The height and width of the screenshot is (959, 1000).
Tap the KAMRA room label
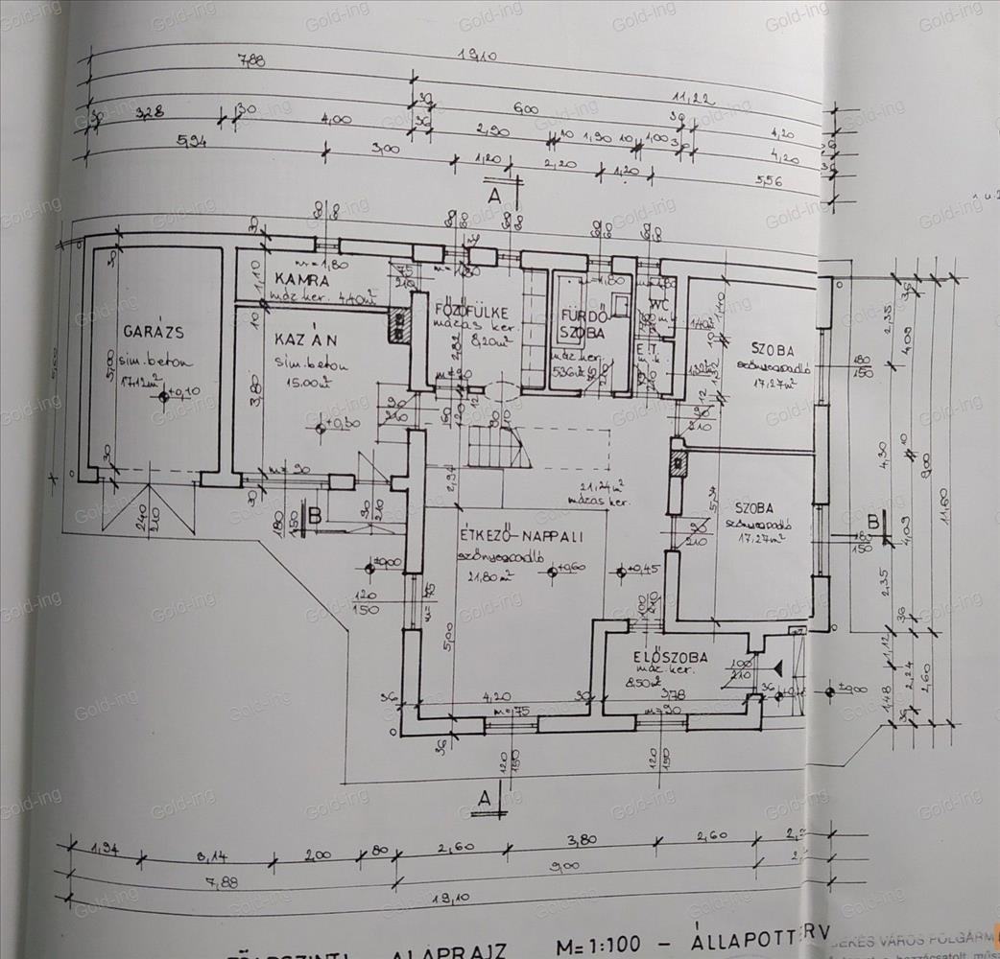pos(301,280)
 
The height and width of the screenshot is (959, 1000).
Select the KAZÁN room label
pos(302,340)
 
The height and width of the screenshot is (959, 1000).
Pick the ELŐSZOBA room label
pos(671,658)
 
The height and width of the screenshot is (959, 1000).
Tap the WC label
pos(659,287)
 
